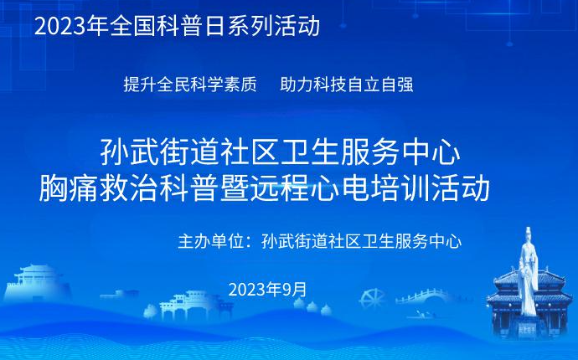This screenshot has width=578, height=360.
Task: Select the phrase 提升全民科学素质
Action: [x=190, y=85]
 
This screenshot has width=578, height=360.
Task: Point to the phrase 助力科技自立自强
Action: [x=347, y=85]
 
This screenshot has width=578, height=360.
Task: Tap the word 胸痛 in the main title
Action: [x=69, y=188]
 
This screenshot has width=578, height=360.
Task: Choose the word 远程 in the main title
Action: [x=280, y=188]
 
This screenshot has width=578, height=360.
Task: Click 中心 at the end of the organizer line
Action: [x=446, y=241]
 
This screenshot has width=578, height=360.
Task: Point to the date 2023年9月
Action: [x=267, y=289]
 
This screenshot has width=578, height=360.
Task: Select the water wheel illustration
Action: [x=372, y=299]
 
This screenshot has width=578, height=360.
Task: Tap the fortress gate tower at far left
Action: [x=37, y=282]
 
